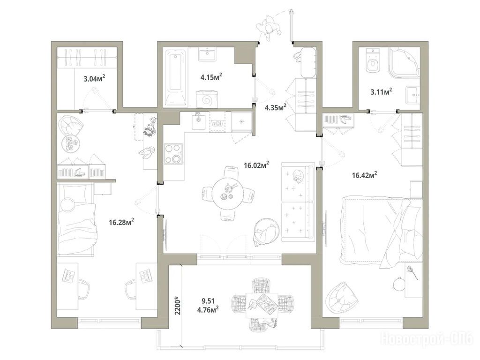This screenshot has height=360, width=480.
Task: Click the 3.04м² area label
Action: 94,78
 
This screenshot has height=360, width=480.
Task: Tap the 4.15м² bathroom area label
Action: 211,76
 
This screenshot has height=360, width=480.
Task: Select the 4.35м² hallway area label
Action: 276,107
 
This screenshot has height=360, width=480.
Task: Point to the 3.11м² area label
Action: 382,91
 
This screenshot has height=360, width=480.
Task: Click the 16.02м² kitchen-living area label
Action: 256,165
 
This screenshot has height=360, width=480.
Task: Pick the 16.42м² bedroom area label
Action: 364,175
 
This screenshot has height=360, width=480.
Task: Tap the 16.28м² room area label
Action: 121,222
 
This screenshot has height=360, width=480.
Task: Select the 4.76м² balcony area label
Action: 208,310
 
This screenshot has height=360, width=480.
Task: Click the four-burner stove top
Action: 173,154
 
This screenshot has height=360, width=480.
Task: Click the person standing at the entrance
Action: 269,29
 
